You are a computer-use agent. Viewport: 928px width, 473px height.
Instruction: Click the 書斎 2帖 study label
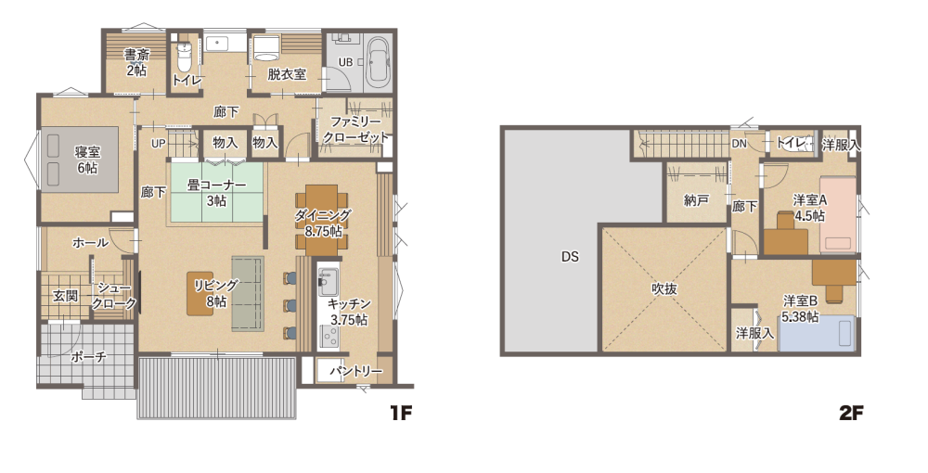[x=136, y=62]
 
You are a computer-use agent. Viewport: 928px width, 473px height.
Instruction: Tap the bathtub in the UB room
[x=378, y=62]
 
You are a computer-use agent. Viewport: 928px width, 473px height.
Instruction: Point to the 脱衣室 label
[x=287, y=74]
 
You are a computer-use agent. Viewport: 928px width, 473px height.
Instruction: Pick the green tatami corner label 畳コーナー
[x=216, y=185]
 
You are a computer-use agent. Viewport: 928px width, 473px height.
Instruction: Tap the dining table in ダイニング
[x=323, y=221]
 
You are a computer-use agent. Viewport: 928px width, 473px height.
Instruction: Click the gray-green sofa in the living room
[x=248, y=293]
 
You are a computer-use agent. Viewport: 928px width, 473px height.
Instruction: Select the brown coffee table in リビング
[x=200, y=293]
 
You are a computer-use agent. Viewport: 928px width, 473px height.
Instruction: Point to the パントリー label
[x=355, y=371]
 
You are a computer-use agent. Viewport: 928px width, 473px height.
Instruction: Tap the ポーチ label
[x=88, y=357]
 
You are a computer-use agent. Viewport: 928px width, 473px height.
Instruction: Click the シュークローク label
[x=114, y=296]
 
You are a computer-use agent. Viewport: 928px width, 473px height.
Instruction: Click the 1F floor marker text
[x=400, y=413]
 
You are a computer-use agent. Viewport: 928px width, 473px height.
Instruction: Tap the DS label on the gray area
[x=570, y=257]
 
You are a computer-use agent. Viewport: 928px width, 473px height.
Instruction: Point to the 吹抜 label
[x=664, y=289]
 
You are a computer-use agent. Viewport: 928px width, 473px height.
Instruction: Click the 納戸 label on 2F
[x=696, y=200]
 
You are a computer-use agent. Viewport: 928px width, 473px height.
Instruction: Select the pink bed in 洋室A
[x=838, y=215]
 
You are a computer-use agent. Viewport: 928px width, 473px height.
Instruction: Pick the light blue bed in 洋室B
[x=817, y=334]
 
